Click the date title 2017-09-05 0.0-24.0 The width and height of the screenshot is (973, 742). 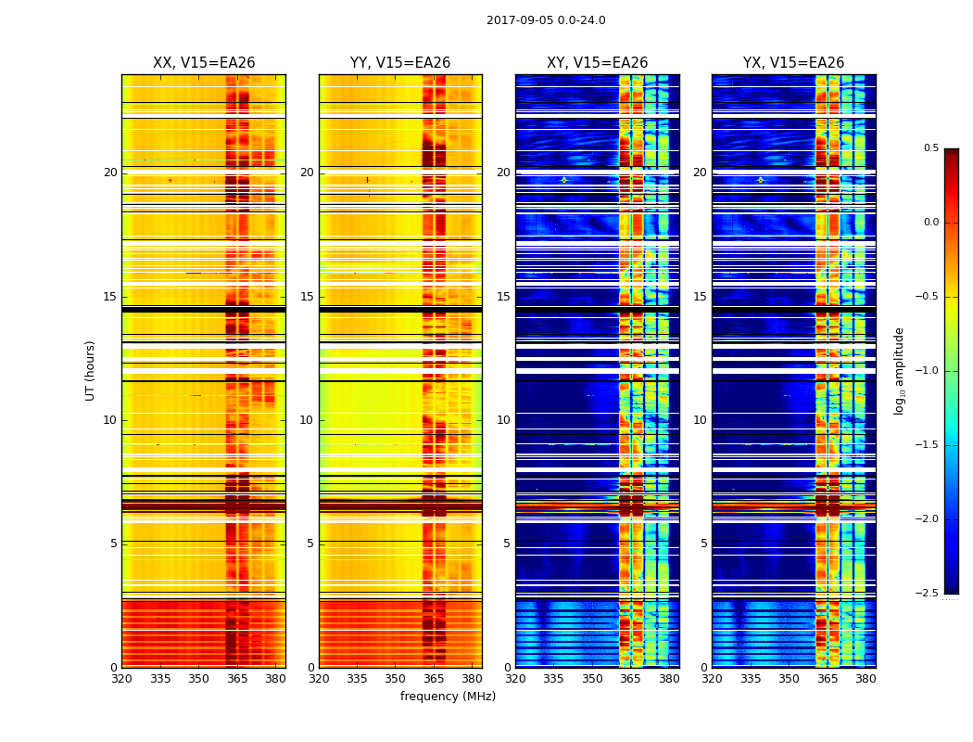pyautogui.click(x=546, y=20)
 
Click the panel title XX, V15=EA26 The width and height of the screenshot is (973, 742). pyautogui.click(x=204, y=63)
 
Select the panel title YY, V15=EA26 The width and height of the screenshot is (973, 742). pyautogui.click(x=400, y=63)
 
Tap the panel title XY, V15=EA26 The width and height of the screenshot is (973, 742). pyautogui.click(x=597, y=63)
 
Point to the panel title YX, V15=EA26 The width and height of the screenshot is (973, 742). pyautogui.click(x=793, y=63)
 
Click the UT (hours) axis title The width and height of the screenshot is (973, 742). pyautogui.click(x=91, y=370)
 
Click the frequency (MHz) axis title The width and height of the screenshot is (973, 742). pyautogui.click(x=448, y=697)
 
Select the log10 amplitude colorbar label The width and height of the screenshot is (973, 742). pyautogui.click(x=899, y=370)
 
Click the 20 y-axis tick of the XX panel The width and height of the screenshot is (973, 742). pyautogui.click(x=110, y=173)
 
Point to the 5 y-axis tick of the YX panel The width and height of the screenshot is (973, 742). pyautogui.click(x=703, y=544)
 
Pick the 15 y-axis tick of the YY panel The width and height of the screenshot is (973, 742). pyautogui.click(x=307, y=297)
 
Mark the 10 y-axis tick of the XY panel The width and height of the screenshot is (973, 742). pyautogui.click(x=503, y=420)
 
